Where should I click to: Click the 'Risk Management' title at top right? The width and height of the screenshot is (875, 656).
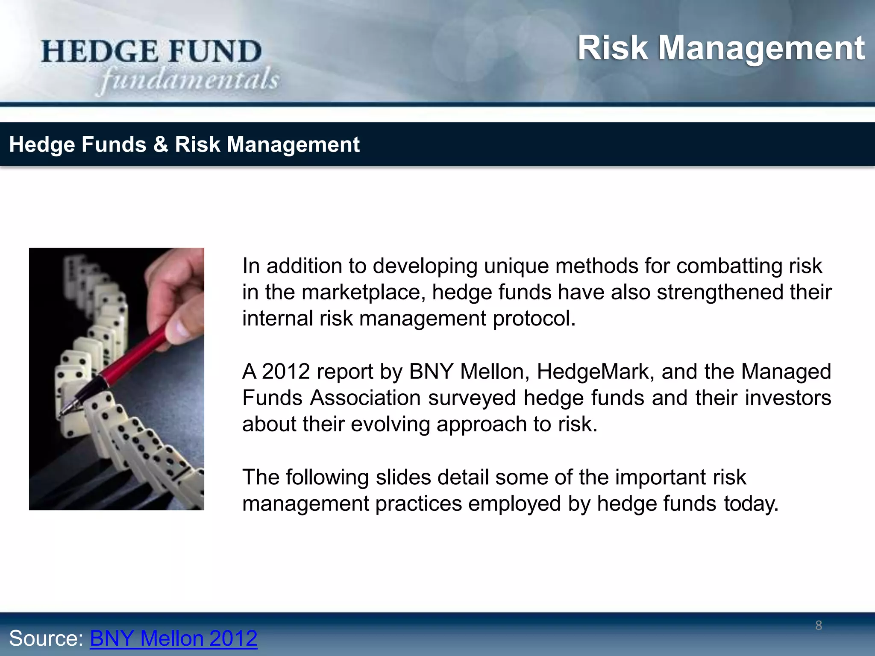point(721,48)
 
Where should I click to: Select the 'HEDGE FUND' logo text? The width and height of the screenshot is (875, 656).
point(151,52)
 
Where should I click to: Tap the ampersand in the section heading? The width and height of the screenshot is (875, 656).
point(160,144)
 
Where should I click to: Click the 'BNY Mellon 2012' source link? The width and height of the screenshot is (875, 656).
point(173,638)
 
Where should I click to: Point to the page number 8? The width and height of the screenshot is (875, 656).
point(819,626)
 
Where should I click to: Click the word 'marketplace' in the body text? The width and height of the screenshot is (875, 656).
point(363,292)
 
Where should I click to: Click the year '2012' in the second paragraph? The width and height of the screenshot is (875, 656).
point(286,371)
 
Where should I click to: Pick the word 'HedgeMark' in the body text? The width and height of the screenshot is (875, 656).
point(595,371)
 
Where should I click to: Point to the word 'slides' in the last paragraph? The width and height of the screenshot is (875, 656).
point(403,477)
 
